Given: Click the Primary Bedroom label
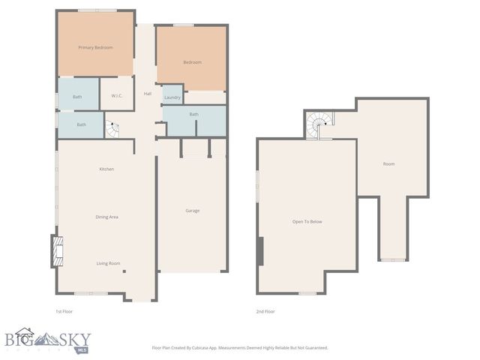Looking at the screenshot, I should pos(96,47).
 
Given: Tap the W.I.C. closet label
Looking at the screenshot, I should pos(117,96).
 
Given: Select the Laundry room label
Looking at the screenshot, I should pos(172,97).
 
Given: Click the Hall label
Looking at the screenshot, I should pos(148,94).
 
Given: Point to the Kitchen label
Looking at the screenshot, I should pos(106,169).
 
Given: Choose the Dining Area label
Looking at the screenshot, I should pos(106,217).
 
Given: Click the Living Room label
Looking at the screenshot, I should pos(108,263).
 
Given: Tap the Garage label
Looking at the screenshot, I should pos(193,211).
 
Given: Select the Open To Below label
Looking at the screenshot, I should pos(307,221).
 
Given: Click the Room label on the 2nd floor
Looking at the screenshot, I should pos(388,163).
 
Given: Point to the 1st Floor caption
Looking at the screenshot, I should pos(64,311).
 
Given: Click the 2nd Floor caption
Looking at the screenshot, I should pos(265,311).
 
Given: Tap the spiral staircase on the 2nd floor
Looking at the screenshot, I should pos(320,124).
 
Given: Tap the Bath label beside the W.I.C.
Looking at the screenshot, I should pos(77,97).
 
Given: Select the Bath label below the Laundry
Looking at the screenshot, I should pos(193,114).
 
